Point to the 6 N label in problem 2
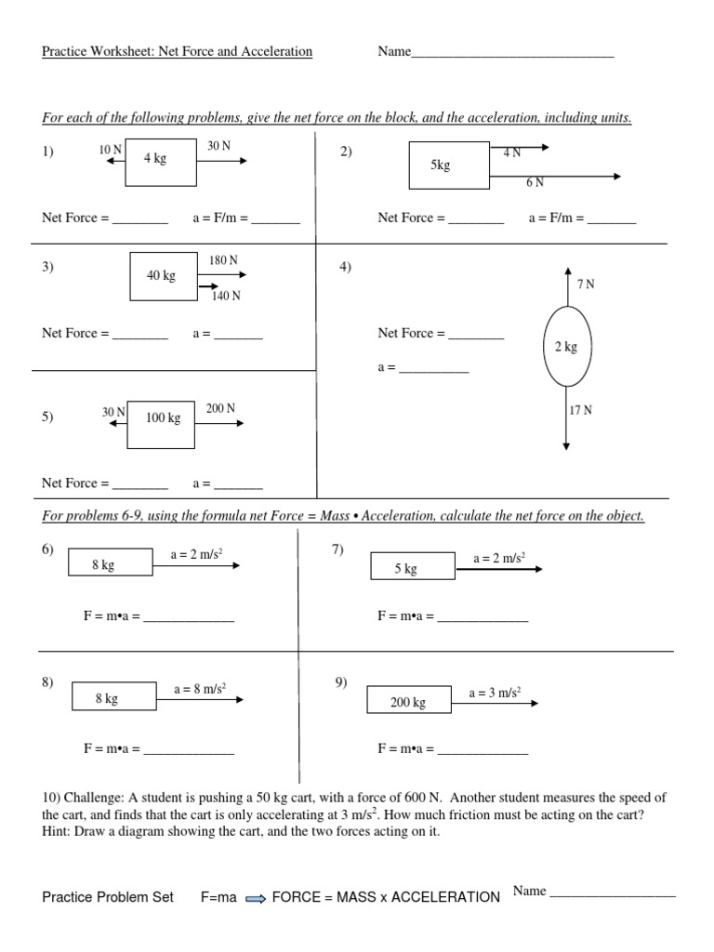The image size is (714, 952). (535, 182)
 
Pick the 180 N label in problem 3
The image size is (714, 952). (224, 260)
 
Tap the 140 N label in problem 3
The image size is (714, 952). (226, 296)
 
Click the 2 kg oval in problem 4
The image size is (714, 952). (566, 347)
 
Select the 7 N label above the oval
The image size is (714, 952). (585, 284)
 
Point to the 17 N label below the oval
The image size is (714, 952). (581, 410)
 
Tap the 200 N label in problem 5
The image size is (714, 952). (220, 408)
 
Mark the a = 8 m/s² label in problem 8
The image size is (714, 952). (201, 689)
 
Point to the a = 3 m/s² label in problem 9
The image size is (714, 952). (495, 692)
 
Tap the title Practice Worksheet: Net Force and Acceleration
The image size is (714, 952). (177, 52)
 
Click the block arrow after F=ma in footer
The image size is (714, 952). (256, 898)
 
